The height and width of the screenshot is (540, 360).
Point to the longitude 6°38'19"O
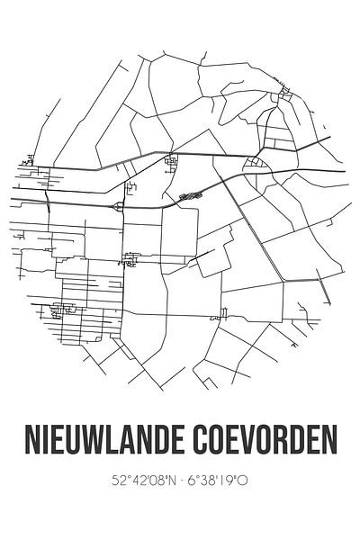(x=220, y=481)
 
